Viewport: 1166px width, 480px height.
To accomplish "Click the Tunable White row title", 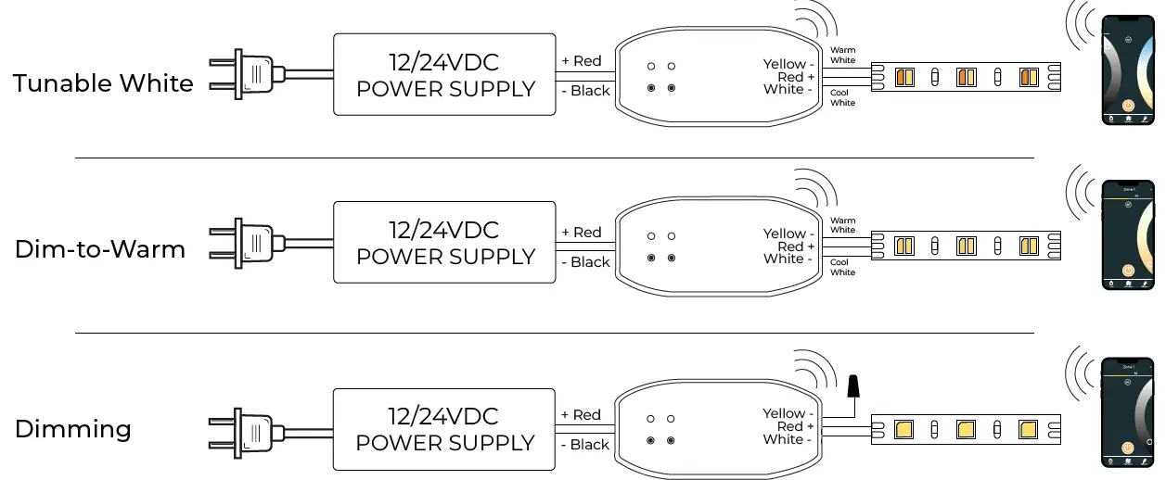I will click(103, 83).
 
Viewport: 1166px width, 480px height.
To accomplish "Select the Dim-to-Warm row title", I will click(100, 249).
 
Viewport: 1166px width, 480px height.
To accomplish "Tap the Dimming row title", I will click(73, 429).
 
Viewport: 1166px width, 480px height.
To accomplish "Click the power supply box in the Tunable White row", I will click(445, 75).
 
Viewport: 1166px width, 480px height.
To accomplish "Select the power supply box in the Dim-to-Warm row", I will click(445, 243).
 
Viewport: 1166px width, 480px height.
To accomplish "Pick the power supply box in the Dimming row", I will click(445, 429).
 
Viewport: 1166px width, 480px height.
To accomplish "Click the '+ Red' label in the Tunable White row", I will click(582, 61).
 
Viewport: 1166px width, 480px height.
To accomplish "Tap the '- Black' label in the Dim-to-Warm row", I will click(585, 262).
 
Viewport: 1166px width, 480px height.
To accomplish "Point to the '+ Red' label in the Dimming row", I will click(582, 415).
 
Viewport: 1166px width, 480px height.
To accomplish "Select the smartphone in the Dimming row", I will click(1127, 411).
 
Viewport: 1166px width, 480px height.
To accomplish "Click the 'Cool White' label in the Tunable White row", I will click(842, 97).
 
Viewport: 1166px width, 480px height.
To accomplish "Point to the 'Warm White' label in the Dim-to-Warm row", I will click(842, 225).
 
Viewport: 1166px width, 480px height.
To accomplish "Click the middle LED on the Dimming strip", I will click(966, 429).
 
